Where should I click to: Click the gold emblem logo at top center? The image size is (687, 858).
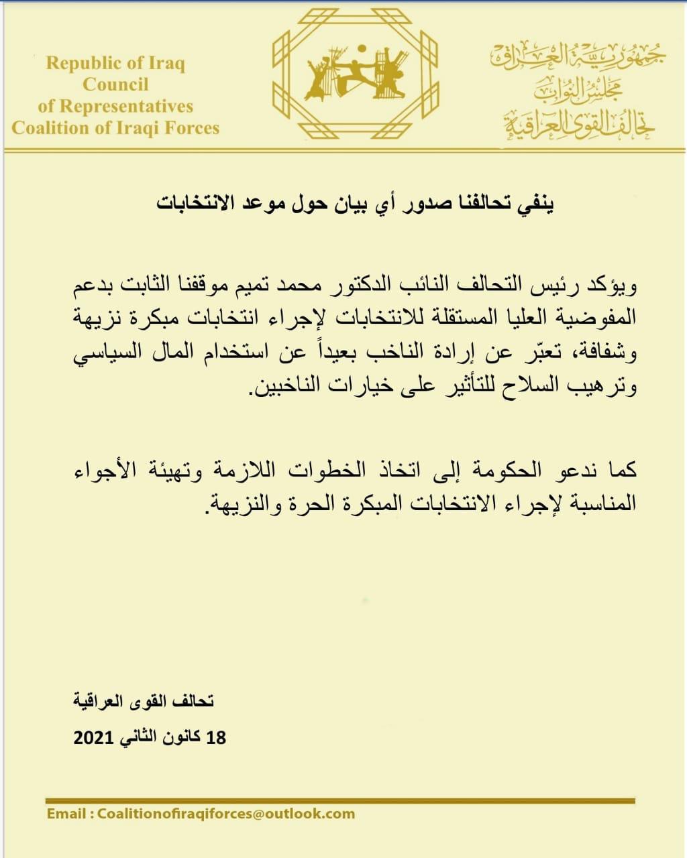(x=356, y=74)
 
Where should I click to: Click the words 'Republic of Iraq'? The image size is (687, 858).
(x=115, y=64)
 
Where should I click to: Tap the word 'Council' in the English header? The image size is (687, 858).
(x=115, y=85)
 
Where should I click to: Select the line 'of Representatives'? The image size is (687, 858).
(x=115, y=107)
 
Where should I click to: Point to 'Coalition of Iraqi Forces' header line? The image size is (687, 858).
(x=115, y=127)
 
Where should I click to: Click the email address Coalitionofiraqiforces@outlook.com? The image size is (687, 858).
(x=225, y=814)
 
